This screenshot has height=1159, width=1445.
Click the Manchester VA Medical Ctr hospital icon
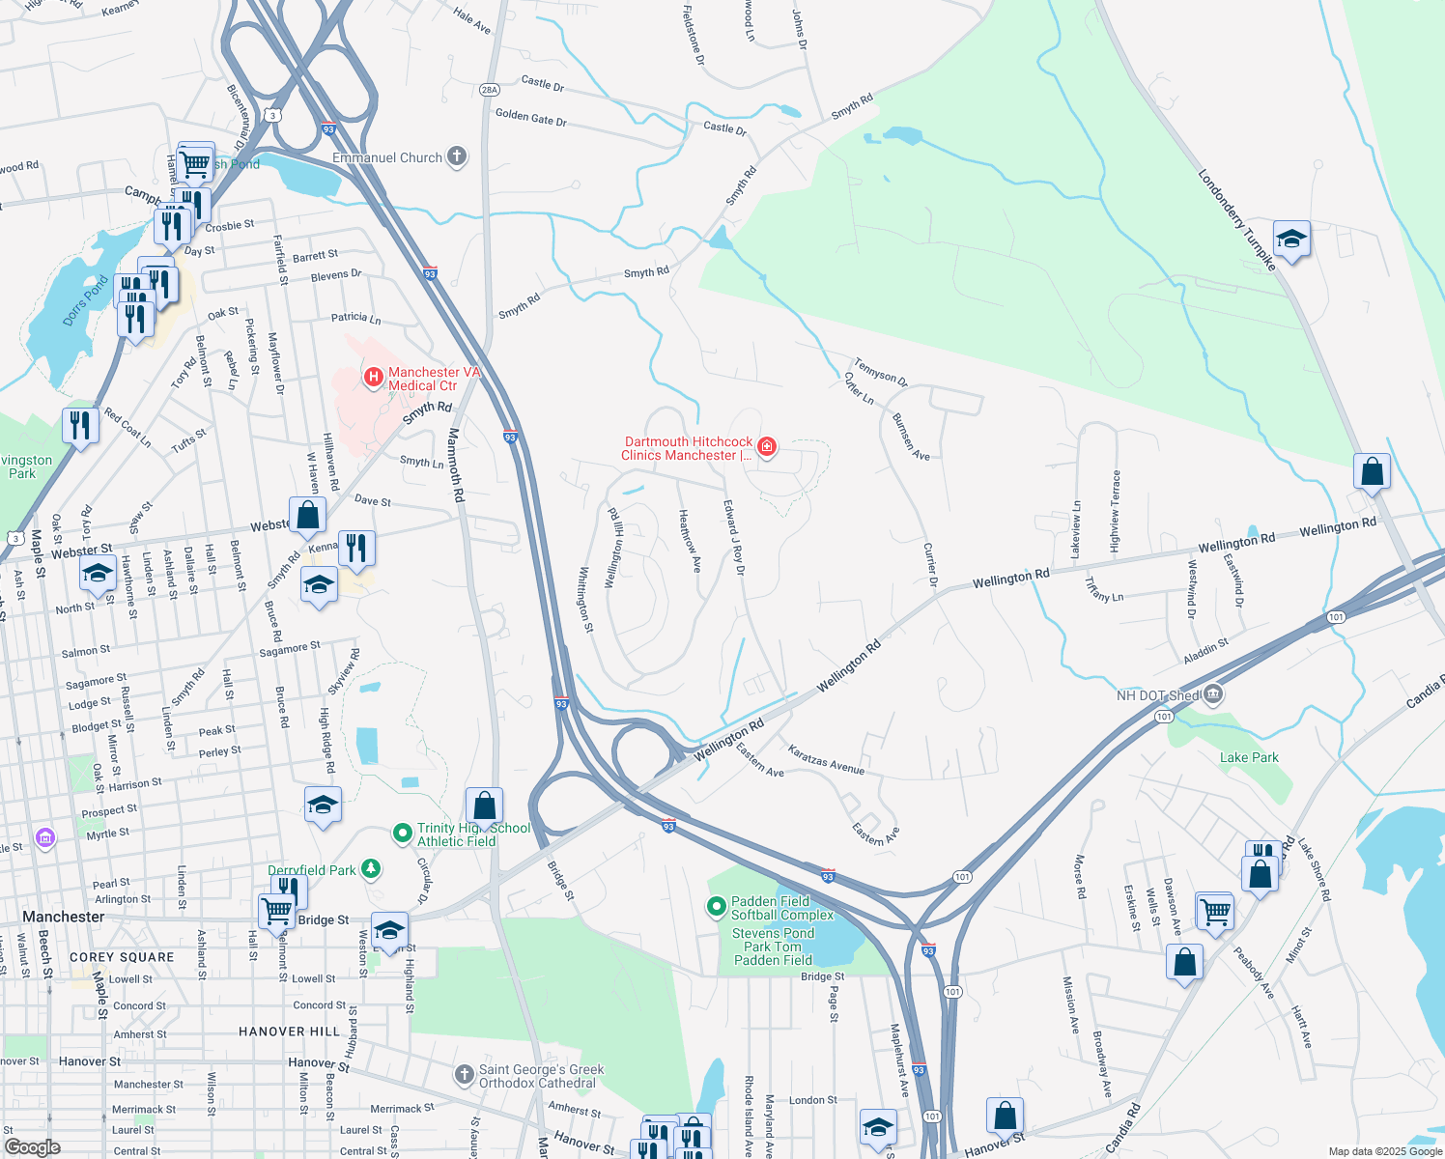coord(373,376)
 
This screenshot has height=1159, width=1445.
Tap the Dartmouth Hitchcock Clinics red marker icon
coord(767,446)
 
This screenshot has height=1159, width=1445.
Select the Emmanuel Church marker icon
coord(457,156)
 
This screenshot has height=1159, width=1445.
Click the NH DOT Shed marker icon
coord(1214,694)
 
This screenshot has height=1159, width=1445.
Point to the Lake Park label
coord(1248,757)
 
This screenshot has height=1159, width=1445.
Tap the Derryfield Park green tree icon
coord(371,869)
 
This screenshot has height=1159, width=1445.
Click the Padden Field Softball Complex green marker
coord(716,906)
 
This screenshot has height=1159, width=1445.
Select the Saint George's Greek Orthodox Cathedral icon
coord(466,1074)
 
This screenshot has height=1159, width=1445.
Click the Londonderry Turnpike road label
coord(1236,220)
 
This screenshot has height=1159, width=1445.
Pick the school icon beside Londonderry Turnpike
coord(1290,238)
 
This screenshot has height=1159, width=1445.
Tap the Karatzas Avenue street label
coord(825,759)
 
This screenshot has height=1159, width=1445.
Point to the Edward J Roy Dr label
coord(735,537)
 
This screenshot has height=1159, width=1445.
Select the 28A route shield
coord(490,90)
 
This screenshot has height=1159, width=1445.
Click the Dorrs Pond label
coord(86,301)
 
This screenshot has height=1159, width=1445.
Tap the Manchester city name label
coord(63,917)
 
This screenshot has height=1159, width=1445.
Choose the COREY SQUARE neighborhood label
coord(122,957)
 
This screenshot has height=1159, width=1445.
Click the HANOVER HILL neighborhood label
coord(289,1032)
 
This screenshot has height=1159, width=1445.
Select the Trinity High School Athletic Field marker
coord(403,833)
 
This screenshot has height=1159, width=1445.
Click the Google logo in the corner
coord(32,1146)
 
